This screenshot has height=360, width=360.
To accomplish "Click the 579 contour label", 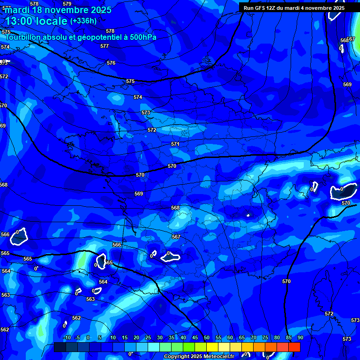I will (67, 4).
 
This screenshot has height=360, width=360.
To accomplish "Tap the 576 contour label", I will (111, 63).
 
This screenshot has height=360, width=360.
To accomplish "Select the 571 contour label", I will (175, 144).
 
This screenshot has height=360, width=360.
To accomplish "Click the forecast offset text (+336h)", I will (83, 21).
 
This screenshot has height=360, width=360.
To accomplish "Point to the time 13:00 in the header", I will (21, 21).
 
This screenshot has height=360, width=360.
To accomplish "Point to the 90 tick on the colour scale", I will (300, 337).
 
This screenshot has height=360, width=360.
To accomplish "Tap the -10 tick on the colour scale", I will (67, 337).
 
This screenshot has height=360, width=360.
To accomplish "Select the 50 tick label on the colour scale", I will (207, 337).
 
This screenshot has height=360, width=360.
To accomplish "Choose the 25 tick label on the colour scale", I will (148, 337).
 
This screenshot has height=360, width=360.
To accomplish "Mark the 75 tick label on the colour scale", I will (265, 337).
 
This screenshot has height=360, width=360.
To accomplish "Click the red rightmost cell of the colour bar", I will (294, 347).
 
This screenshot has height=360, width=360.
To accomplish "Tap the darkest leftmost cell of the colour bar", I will (60, 347).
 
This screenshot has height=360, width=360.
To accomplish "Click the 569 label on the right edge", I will (347, 84).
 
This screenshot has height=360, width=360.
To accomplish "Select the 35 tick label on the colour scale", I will (172, 337).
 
